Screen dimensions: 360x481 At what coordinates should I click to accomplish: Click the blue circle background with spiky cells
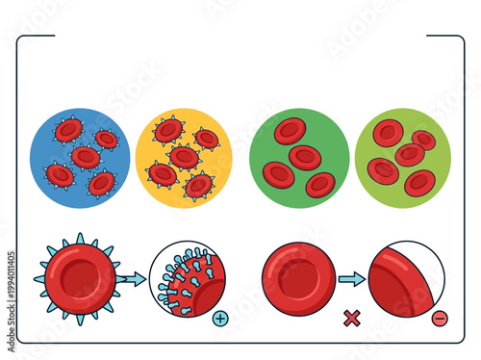tap(48, 135)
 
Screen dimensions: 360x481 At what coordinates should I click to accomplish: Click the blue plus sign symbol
tap(220, 318)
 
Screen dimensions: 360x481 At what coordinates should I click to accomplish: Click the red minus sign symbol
tap(440, 318)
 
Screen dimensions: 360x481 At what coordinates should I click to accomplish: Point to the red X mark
tap(352, 318)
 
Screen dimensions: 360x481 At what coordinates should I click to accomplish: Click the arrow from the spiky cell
tap(133, 279)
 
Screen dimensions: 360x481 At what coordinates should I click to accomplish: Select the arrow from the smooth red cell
tap(352, 279)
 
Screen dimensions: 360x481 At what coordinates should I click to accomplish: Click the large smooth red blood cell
tap(299, 279)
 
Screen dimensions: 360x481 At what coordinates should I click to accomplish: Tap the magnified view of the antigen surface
tap(187, 279)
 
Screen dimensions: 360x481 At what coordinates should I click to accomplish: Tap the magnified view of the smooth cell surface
tap(406, 279)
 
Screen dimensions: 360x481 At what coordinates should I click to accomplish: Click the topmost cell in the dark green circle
tap(290, 131)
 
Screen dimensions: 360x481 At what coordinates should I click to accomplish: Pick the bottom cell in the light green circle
tap(420, 182)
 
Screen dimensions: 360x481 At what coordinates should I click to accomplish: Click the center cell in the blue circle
tap(86, 157)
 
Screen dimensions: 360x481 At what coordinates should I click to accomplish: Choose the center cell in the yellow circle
tap(184, 156)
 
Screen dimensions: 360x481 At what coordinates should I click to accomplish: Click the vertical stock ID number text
tap(11, 289)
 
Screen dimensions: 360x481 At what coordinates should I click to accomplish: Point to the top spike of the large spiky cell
tap(80, 237)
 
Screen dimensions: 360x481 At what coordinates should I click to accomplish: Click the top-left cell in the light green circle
tap(388, 133)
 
